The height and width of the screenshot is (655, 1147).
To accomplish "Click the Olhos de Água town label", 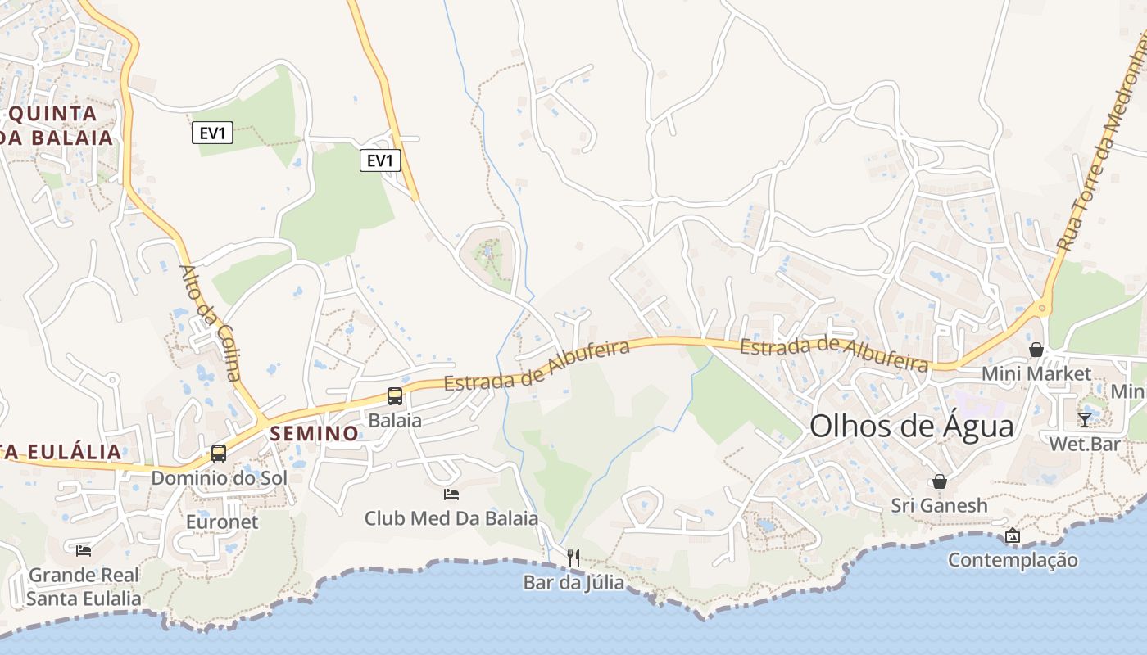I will pyautogui.click(x=911, y=426).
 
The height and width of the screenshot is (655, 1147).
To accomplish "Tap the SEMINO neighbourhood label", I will pyautogui.click(x=315, y=433).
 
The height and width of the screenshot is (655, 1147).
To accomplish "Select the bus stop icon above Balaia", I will pyautogui.click(x=395, y=396).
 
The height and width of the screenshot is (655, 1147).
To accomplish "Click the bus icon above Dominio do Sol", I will pyautogui.click(x=219, y=453).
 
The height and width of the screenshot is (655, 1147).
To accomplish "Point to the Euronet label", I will pyautogui.click(x=222, y=522).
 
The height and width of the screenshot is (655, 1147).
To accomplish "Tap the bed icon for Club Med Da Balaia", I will pyautogui.click(x=451, y=494).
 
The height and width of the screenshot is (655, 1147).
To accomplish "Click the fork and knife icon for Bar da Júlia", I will pyautogui.click(x=573, y=558).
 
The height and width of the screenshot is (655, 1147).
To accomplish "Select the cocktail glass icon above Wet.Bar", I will pyautogui.click(x=1085, y=419).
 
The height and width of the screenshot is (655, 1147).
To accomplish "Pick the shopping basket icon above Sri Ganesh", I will pyautogui.click(x=940, y=481).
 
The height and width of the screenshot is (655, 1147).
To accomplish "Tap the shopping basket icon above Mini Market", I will pyautogui.click(x=1036, y=350).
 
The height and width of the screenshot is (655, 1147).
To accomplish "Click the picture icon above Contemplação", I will pyautogui.click(x=1013, y=536).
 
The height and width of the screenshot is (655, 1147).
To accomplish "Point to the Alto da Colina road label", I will pyautogui.click(x=210, y=323).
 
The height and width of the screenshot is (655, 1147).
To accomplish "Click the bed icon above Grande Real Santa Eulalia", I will pyautogui.click(x=83, y=550).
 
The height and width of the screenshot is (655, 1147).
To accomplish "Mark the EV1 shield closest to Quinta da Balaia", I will pyautogui.click(x=213, y=133).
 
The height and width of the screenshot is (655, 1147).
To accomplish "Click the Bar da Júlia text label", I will pyautogui.click(x=573, y=583).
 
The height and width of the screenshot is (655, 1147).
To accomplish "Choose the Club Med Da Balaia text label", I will pyautogui.click(x=451, y=518).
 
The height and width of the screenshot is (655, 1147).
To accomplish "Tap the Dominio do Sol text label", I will pyautogui.click(x=219, y=477).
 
